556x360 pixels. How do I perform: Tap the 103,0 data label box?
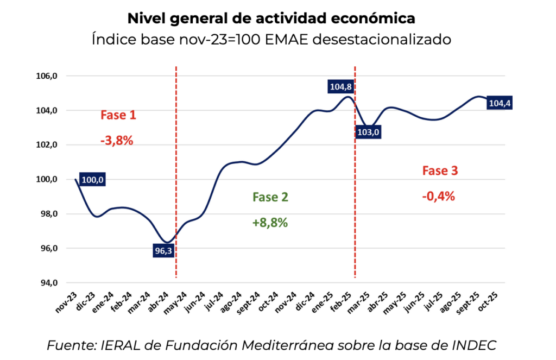pyautogui.click(x=369, y=132)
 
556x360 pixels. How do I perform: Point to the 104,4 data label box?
pyautogui.click(x=500, y=103)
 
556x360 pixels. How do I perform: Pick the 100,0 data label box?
pyautogui.click(x=92, y=180)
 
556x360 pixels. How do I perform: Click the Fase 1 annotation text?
pyautogui.click(x=118, y=115)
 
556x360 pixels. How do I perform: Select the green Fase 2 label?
pyautogui.click(x=270, y=197)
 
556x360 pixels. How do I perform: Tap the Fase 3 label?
pyautogui.click(x=440, y=170)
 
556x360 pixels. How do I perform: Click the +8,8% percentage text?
pyautogui.click(x=270, y=223)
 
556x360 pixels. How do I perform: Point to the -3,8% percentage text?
pyautogui.click(x=117, y=141)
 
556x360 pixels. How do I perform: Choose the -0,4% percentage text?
pyautogui.click(x=438, y=196)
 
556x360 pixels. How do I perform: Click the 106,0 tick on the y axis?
pyautogui.click(x=49, y=76)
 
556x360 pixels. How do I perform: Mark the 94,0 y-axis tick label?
pyautogui.click(x=49, y=283)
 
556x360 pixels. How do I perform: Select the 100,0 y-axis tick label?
pyautogui.click(x=49, y=179)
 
